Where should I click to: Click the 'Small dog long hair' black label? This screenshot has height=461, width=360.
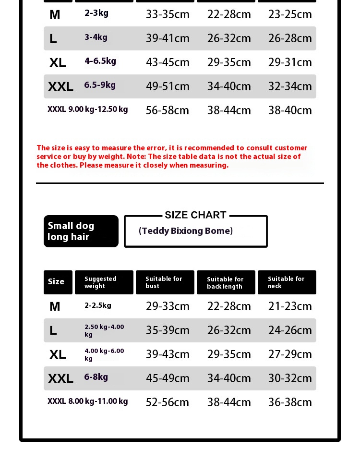tap(81, 231)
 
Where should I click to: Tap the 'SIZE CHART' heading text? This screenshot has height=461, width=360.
tap(195, 215)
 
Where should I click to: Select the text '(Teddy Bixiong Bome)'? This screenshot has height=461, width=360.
tap(186, 231)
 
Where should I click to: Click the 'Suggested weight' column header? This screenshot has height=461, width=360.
tap(104, 282)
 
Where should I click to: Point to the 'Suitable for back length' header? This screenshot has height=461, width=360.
tap(226, 282)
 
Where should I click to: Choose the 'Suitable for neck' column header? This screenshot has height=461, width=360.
tap(287, 282)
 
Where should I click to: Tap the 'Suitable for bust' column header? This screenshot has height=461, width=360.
tap(165, 282)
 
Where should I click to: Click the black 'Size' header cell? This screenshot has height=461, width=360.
tap(58, 282)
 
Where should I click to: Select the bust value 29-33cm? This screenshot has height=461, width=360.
tap(168, 306)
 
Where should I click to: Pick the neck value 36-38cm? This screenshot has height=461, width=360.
tap(290, 402)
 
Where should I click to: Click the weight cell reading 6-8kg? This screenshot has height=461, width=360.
tap(96, 377)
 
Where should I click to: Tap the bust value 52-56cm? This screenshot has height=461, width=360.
tap(168, 402)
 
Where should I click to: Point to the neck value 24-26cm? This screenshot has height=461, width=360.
tap(290, 330)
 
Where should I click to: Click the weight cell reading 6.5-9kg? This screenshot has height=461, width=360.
tap(100, 85)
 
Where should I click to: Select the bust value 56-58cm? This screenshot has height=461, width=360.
tap(168, 110)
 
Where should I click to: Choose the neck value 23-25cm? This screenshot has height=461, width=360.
tap(290, 14)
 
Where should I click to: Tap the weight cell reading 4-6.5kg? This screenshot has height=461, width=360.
tap(100, 61)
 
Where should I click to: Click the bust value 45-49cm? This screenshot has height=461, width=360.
tap(168, 378)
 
